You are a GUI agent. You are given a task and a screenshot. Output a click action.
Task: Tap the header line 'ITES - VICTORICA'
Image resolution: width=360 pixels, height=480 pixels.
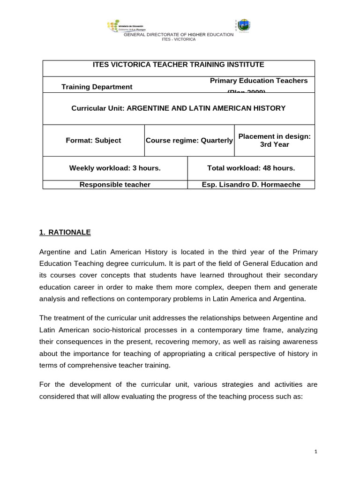pyautogui.click(x=178, y=39)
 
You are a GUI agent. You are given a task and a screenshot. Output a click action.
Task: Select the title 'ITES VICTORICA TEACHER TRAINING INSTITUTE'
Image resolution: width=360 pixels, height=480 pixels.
pyautogui.click(x=179, y=64)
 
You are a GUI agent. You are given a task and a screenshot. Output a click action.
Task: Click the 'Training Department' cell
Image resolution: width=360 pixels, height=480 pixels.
pyautogui.click(x=97, y=87)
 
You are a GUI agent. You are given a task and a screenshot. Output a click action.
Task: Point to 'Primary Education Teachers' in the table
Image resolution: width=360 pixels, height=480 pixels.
pyautogui.click(x=259, y=81)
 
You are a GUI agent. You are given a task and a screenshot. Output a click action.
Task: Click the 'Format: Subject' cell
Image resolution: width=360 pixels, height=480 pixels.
pyautogui.click(x=93, y=140)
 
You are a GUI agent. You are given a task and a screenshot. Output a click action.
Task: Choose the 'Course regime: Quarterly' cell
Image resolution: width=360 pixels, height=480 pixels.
pyautogui.click(x=189, y=140)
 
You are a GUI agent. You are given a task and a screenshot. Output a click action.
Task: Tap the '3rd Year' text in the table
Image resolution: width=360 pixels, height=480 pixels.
pyautogui.click(x=275, y=144)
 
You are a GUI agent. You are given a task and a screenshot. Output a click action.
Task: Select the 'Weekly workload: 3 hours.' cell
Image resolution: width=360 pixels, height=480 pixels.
pyautogui.click(x=115, y=168)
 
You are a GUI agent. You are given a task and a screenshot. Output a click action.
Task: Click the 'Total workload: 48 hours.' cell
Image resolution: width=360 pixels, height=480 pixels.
pyautogui.click(x=251, y=168)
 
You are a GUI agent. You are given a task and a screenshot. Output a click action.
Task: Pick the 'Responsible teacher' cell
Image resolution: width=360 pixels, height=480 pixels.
pyautogui.click(x=115, y=185)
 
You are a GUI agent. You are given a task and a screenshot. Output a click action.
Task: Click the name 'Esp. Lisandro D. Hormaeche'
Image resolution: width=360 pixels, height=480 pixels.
pyautogui.click(x=251, y=185)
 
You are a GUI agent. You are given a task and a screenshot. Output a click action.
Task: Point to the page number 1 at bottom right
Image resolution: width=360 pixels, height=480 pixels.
pyautogui.click(x=316, y=452)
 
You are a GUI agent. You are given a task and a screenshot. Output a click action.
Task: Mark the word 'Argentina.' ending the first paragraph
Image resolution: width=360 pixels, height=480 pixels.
pyautogui.click(x=277, y=299)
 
